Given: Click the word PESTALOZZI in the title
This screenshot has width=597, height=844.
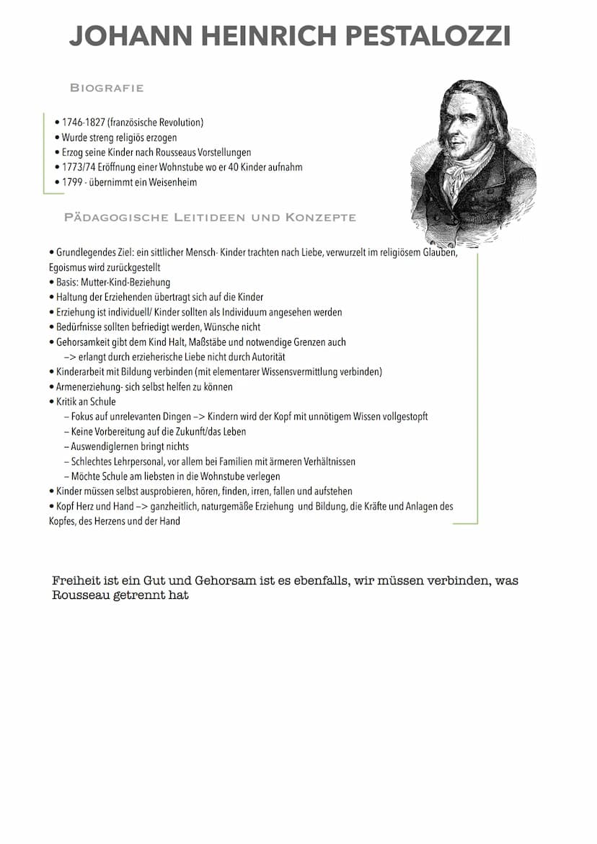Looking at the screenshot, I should pos(430,35).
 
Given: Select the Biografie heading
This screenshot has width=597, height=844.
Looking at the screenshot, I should pos(107,88).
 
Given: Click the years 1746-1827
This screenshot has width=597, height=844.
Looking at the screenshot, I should pos(84,123).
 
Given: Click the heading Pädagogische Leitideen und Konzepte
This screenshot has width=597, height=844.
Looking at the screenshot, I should pos(210,217).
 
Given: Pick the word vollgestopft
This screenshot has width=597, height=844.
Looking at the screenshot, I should pos(404,417).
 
